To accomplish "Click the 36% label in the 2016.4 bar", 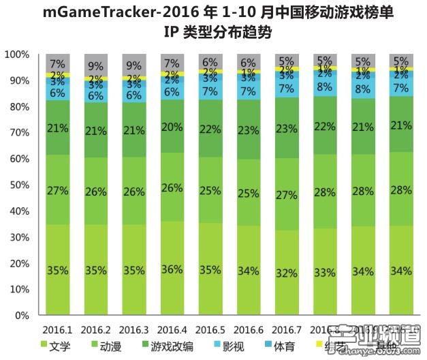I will [172, 269].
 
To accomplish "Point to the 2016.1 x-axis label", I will [57, 329].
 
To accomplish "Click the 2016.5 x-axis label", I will [210, 329].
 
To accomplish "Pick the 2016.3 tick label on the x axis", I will [134, 329].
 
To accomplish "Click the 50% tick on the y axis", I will [18, 185].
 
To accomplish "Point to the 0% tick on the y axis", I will [21, 316].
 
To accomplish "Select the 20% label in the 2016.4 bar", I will [172, 127].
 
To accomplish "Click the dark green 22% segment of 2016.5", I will [210, 128].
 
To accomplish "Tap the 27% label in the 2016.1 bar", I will [57, 190].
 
